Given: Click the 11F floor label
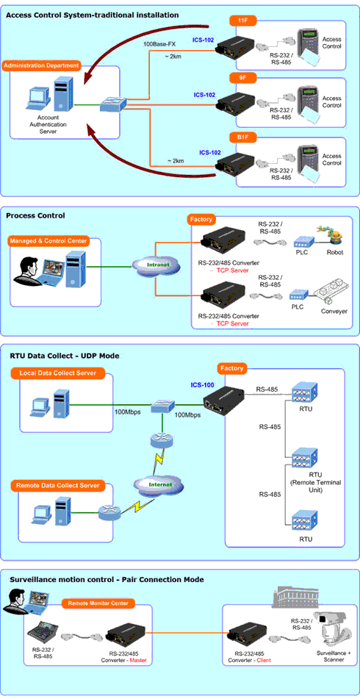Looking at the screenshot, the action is coord(243,21).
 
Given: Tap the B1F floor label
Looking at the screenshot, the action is coord(243,137).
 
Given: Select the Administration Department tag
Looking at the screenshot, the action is coord(41,66).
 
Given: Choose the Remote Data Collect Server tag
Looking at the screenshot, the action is coord(58,485).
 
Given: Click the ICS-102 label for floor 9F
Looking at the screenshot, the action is coord(204,95).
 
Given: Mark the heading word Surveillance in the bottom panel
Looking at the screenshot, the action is coord(30,579).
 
